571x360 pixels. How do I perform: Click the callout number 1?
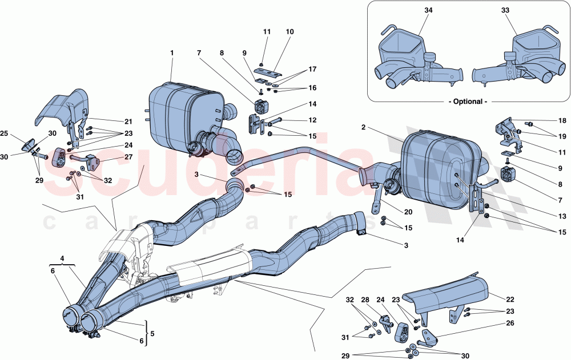tap(171, 52)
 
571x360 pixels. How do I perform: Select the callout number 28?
tap(380, 299)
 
